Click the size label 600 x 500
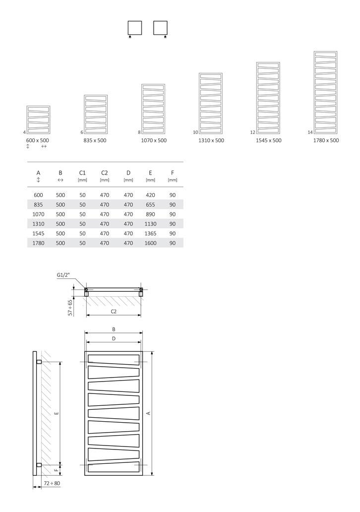pos(38,140)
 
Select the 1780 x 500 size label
pos(326,140)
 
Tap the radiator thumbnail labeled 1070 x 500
pos(153,109)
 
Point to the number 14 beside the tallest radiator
pos(310,132)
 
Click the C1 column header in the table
pos(82,173)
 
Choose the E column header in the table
pos(150,173)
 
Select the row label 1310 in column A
pos(38,224)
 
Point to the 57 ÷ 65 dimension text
pos(70,307)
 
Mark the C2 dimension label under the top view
pos(114,311)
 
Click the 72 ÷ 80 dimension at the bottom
pos(52,483)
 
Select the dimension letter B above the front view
pos(114,329)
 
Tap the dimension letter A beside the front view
pos(148,413)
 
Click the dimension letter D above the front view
pos(114,338)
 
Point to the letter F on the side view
pos(57,468)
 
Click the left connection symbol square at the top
pos(135,27)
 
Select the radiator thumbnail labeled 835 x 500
pos(96,115)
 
